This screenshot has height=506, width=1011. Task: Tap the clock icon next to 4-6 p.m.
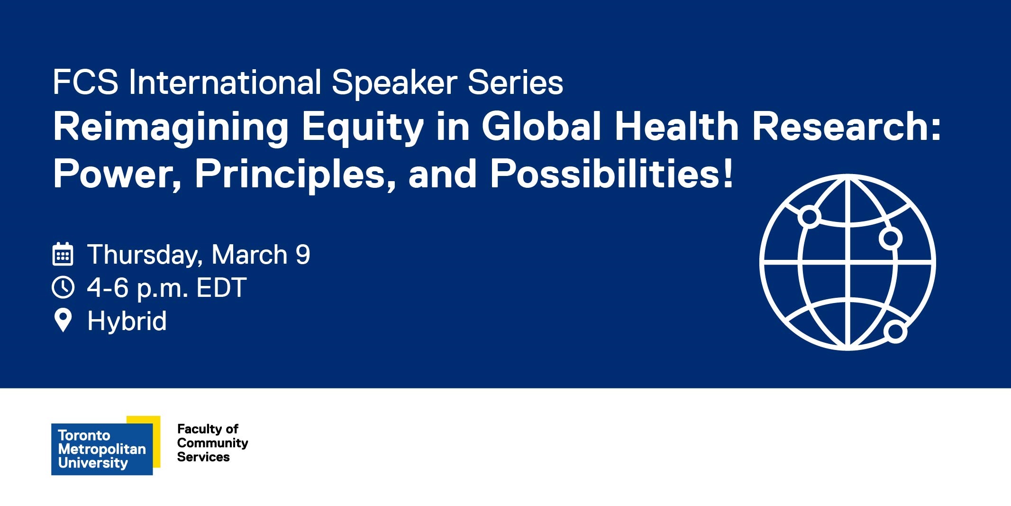(x=63, y=287)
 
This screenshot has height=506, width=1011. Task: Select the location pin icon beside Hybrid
(x=63, y=320)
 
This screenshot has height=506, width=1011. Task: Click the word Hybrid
(x=127, y=321)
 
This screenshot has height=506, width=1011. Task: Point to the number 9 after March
(x=303, y=255)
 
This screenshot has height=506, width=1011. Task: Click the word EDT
(x=221, y=287)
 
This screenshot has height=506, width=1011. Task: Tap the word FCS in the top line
(x=85, y=83)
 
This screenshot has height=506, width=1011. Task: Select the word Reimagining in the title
(x=171, y=127)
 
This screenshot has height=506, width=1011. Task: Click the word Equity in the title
(x=363, y=127)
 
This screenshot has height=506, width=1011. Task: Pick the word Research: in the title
(x=847, y=127)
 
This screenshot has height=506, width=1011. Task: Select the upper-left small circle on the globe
(x=809, y=217)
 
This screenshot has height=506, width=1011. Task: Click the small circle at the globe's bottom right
(x=895, y=332)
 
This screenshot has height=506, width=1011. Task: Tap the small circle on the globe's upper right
(x=890, y=238)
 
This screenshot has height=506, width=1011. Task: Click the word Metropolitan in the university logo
(x=102, y=449)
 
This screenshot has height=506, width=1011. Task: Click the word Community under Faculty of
(x=212, y=443)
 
